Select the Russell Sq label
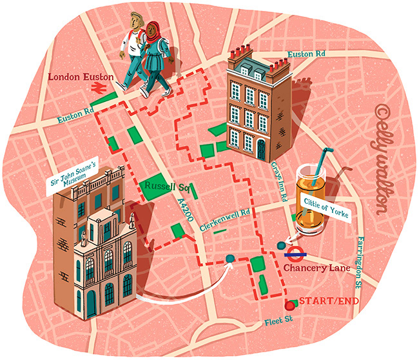161,186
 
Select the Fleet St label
278,321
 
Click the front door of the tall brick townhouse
260,151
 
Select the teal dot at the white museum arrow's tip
229,259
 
